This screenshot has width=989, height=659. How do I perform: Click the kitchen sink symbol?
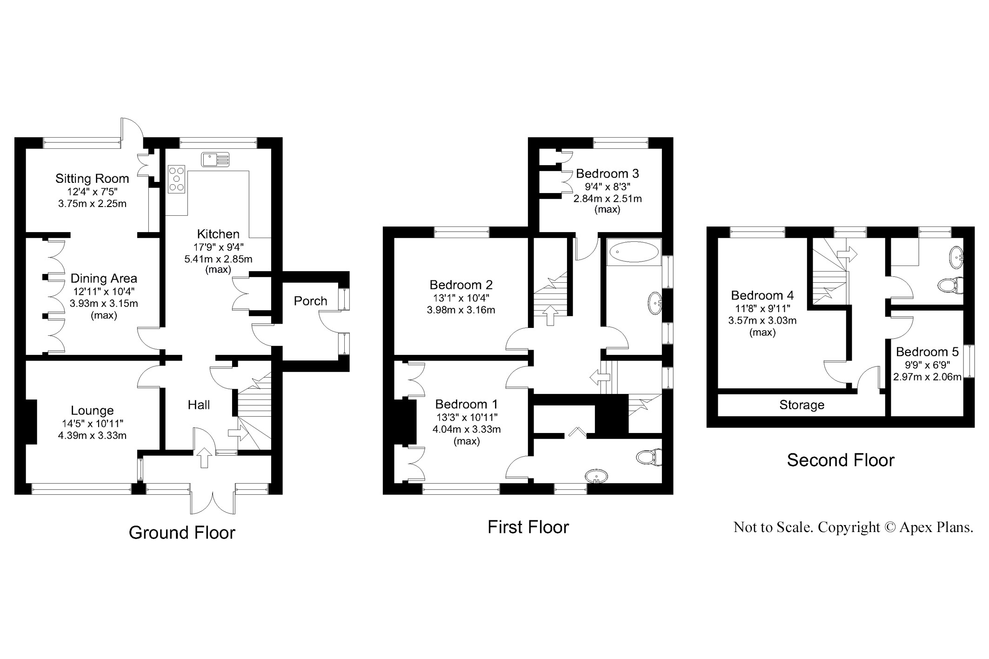pos(215,159)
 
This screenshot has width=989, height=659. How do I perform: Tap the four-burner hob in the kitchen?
pos(176,179)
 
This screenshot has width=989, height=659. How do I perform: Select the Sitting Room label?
pos(92,179)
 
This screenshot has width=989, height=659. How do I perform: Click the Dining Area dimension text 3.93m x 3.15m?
pos(104,304)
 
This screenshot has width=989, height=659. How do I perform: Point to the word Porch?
pos(310,301)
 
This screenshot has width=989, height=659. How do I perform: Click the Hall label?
pos(199,405)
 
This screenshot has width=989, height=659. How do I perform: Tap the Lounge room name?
pos(92,411)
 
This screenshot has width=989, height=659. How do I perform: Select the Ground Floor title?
pos(182,533)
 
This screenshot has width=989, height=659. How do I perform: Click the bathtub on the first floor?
pos(633,253)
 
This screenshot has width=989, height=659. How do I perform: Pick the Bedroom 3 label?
pos(607,173)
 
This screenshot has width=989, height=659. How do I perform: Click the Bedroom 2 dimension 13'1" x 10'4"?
pos(461,298)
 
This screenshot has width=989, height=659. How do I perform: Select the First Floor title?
pos(528,527)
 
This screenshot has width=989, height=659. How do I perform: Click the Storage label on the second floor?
pos(802,405)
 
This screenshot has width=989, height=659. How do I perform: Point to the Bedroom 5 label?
pos(927,352)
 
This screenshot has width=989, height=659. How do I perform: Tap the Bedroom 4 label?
pos(762,295)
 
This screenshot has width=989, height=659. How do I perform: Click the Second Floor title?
pos(840,460)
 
